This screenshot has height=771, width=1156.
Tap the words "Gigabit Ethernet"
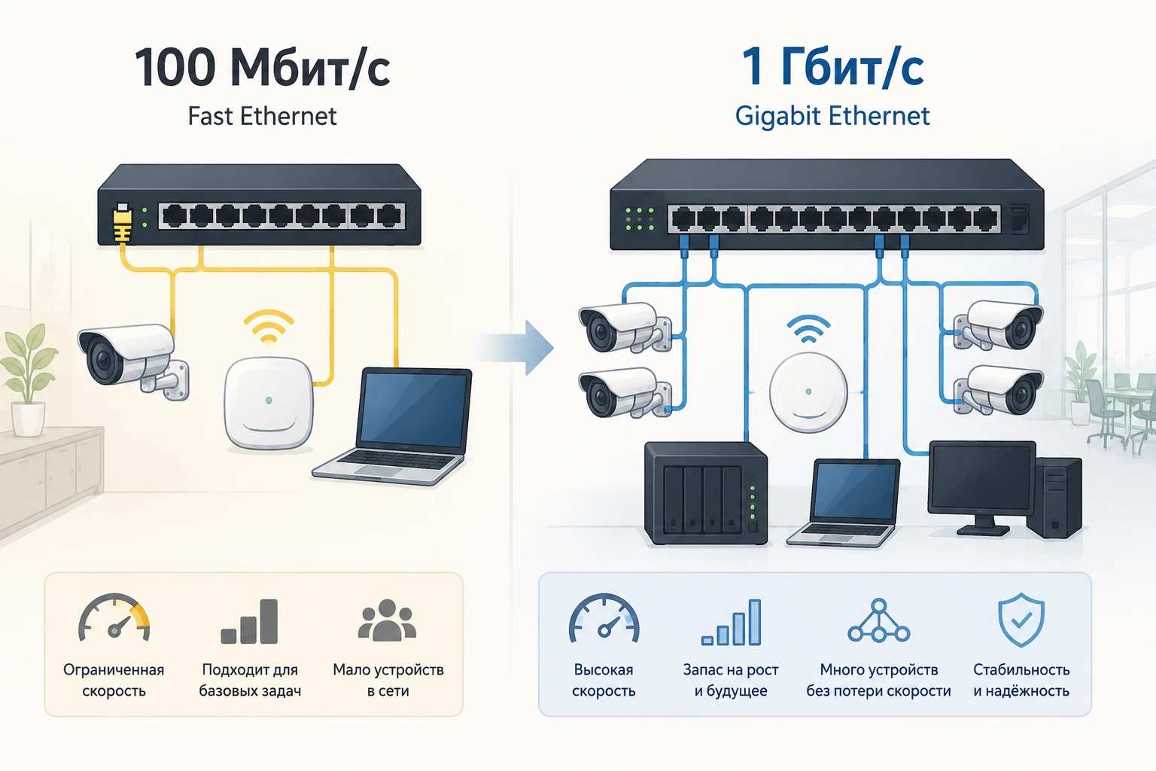click(832, 116)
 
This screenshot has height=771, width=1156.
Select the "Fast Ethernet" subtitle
click(262, 116)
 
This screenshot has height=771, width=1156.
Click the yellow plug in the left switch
click(122, 223)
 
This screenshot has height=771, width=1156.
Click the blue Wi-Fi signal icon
click(808, 330)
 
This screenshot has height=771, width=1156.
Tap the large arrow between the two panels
click(516, 348)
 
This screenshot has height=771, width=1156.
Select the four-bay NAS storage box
click(705, 493)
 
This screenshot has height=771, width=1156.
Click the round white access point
click(808, 392)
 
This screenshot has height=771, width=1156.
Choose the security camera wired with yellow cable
click(133, 361)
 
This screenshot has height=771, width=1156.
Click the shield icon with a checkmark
click(1021, 620)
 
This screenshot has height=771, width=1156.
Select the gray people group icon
click(387, 620)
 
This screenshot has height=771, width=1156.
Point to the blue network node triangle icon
click(878, 620)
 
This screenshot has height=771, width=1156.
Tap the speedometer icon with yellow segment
click(114, 618)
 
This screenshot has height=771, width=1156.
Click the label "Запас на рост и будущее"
click(731, 680)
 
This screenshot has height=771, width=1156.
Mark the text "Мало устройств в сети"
click(388, 680)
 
